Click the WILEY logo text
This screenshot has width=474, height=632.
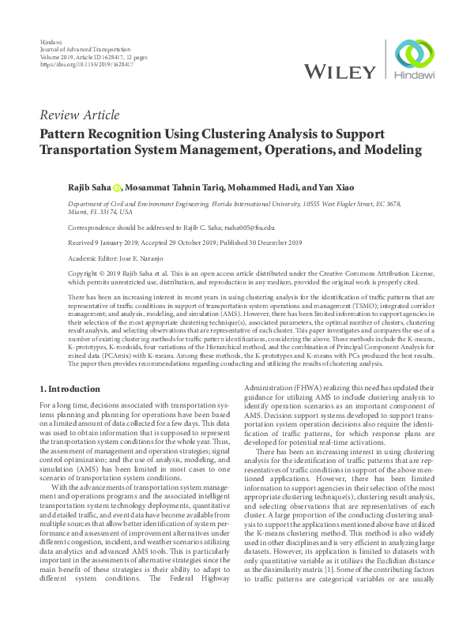(340, 72)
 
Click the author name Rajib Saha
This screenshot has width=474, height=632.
(88, 187)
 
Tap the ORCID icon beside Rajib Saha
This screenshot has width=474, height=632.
(116, 188)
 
